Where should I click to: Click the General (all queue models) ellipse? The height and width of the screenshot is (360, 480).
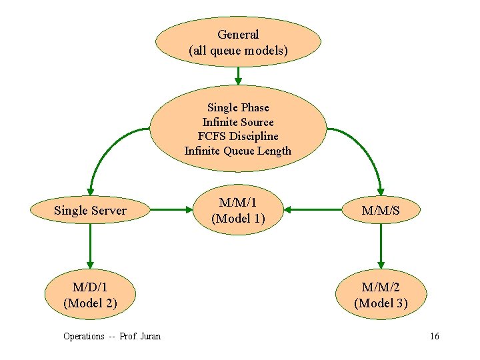point(238,42)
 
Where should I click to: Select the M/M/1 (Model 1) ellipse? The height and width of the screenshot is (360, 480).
point(238,211)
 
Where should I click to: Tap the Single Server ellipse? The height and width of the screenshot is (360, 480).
point(90,211)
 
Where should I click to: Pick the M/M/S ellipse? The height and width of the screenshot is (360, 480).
point(381,211)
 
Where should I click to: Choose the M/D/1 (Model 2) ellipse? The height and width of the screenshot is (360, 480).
point(90,295)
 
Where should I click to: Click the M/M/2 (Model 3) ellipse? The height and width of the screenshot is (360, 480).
point(381,295)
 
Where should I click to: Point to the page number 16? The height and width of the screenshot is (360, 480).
point(434,336)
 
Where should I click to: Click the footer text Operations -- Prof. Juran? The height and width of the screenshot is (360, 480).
point(111,336)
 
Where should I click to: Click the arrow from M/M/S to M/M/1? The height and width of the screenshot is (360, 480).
point(316,211)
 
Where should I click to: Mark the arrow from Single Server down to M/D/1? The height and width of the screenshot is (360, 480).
point(90,246)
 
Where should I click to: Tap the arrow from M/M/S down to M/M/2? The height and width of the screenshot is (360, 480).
point(381,246)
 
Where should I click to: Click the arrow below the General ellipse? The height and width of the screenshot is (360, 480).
point(238,75)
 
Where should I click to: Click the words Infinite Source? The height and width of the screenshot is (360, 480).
point(238,122)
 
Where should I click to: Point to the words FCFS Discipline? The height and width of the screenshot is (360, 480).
point(238,136)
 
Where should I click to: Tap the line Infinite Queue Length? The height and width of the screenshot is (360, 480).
point(238,151)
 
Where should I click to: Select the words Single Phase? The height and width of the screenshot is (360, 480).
point(238,107)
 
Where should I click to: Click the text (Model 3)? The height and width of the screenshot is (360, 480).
point(381,303)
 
